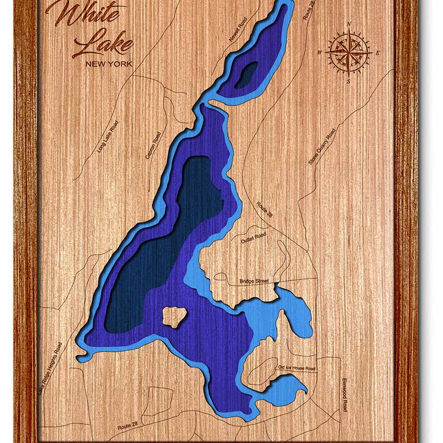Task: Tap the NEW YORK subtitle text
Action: click(x=109, y=63)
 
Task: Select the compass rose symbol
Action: click(x=349, y=52)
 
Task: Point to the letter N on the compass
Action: click(x=349, y=25)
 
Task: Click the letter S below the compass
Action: click(x=348, y=81)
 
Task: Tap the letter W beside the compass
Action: click(x=320, y=53)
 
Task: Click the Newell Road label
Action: click(x=237, y=30)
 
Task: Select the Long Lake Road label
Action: click(x=107, y=137)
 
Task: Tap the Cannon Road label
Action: click(x=153, y=146)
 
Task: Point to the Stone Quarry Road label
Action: click(x=322, y=146)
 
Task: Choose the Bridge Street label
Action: click(x=253, y=281)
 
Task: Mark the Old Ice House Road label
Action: click(x=296, y=368)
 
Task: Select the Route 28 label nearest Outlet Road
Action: click(x=265, y=211)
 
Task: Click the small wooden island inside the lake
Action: click(x=174, y=317)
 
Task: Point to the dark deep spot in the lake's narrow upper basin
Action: click(x=246, y=75)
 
